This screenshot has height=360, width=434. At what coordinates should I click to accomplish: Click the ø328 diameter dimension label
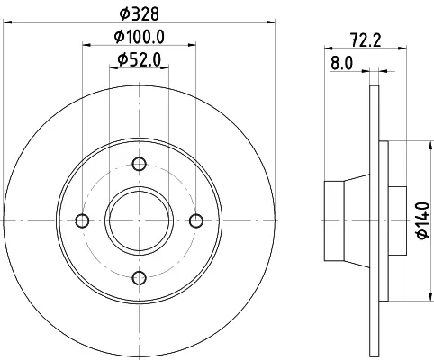click(x=139, y=13)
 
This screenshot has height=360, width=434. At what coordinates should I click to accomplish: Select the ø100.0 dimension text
click(x=140, y=37)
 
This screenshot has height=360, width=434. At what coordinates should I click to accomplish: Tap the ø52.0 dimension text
click(x=140, y=59)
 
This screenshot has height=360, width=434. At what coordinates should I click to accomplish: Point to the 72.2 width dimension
click(x=366, y=40)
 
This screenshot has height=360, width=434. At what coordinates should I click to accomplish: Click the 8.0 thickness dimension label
click(x=342, y=63)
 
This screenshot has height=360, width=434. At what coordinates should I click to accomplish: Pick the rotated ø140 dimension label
click(x=423, y=220)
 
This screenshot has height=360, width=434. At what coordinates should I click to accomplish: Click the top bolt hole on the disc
click(x=140, y=164)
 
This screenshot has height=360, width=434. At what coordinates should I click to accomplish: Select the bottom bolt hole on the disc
click(x=140, y=278)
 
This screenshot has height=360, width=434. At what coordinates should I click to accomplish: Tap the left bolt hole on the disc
click(x=82, y=221)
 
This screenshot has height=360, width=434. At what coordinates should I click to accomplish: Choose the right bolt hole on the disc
click(x=196, y=221)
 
